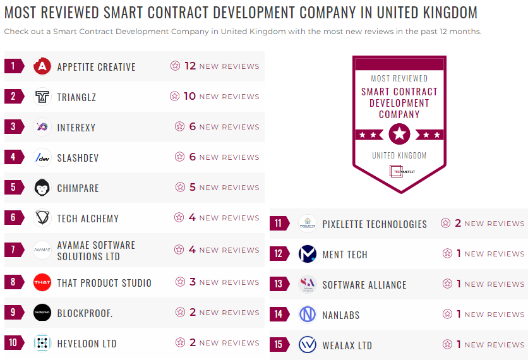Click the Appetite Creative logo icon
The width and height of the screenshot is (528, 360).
tap(42, 66)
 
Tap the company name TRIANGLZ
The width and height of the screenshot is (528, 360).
tap(76, 97)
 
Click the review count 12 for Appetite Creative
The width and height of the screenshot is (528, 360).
tap(190, 66)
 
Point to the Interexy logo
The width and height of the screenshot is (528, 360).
tap(42, 127)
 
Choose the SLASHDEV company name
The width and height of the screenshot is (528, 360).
tap(78, 158)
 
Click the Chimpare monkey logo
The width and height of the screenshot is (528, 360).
tap(42, 188)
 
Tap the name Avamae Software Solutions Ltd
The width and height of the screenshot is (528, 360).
tap(96, 251)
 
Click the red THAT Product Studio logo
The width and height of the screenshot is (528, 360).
tap(42, 282)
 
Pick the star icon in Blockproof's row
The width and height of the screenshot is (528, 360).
tap(180, 313)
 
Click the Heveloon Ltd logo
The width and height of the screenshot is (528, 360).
tap(42, 343)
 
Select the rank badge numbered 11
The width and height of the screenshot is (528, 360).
tap(279, 224)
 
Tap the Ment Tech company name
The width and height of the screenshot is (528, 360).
tap(345, 255)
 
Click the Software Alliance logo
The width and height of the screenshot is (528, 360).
tap(308, 284)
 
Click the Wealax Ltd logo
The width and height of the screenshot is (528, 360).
tap(308, 345)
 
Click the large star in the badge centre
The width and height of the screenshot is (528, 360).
tap(399, 134)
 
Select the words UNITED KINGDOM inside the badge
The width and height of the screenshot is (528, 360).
tap(399, 155)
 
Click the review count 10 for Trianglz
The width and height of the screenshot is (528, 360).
tap(189, 96)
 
